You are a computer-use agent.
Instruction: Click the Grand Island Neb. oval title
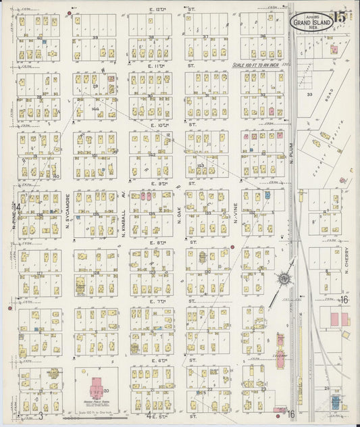(x=311, y=22)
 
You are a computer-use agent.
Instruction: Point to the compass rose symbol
(x=285, y=278)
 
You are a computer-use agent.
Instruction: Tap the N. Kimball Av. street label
(x=124, y=211)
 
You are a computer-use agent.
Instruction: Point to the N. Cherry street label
(x=346, y=269)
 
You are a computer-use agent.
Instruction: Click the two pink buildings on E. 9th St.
(x=145, y=196)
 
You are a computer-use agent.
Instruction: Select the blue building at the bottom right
(x=336, y=403)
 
